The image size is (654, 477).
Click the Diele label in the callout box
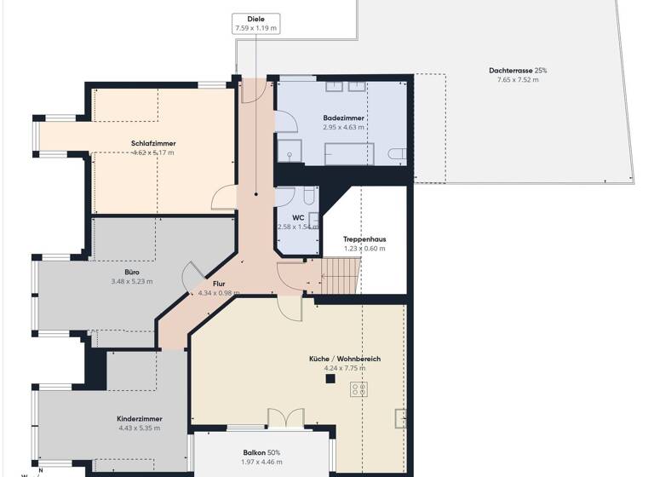click(x=256, y=19)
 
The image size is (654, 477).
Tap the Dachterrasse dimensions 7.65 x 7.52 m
click(x=518, y=79)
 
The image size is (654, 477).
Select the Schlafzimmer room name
click(x=153, y=143)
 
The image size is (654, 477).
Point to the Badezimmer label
click(x=344, y=118)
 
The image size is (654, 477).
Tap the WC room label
click(x=298, y=217)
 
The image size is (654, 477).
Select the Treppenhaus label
click(x=364, y=239)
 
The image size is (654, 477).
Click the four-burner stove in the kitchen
click(x=359, y=389)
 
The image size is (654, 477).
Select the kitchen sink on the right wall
click(x=399, y=417)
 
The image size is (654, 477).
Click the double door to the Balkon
click(x=285, y=419)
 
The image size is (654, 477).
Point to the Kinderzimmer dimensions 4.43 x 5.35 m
click(x=140, y=429)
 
